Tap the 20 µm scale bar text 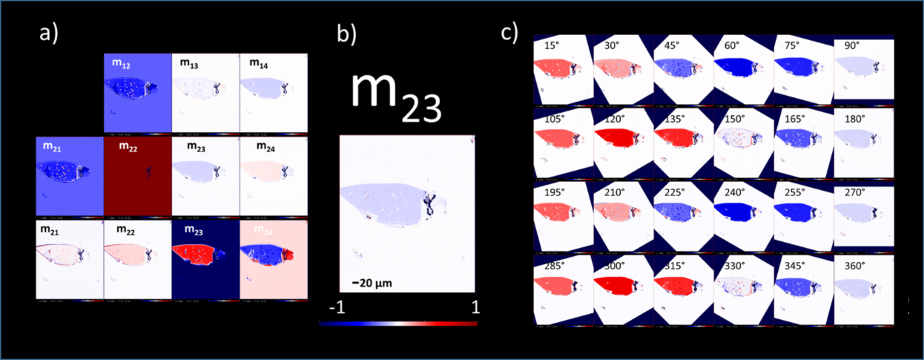[372, 283]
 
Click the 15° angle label [551, 45]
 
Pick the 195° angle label [553, 193]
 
